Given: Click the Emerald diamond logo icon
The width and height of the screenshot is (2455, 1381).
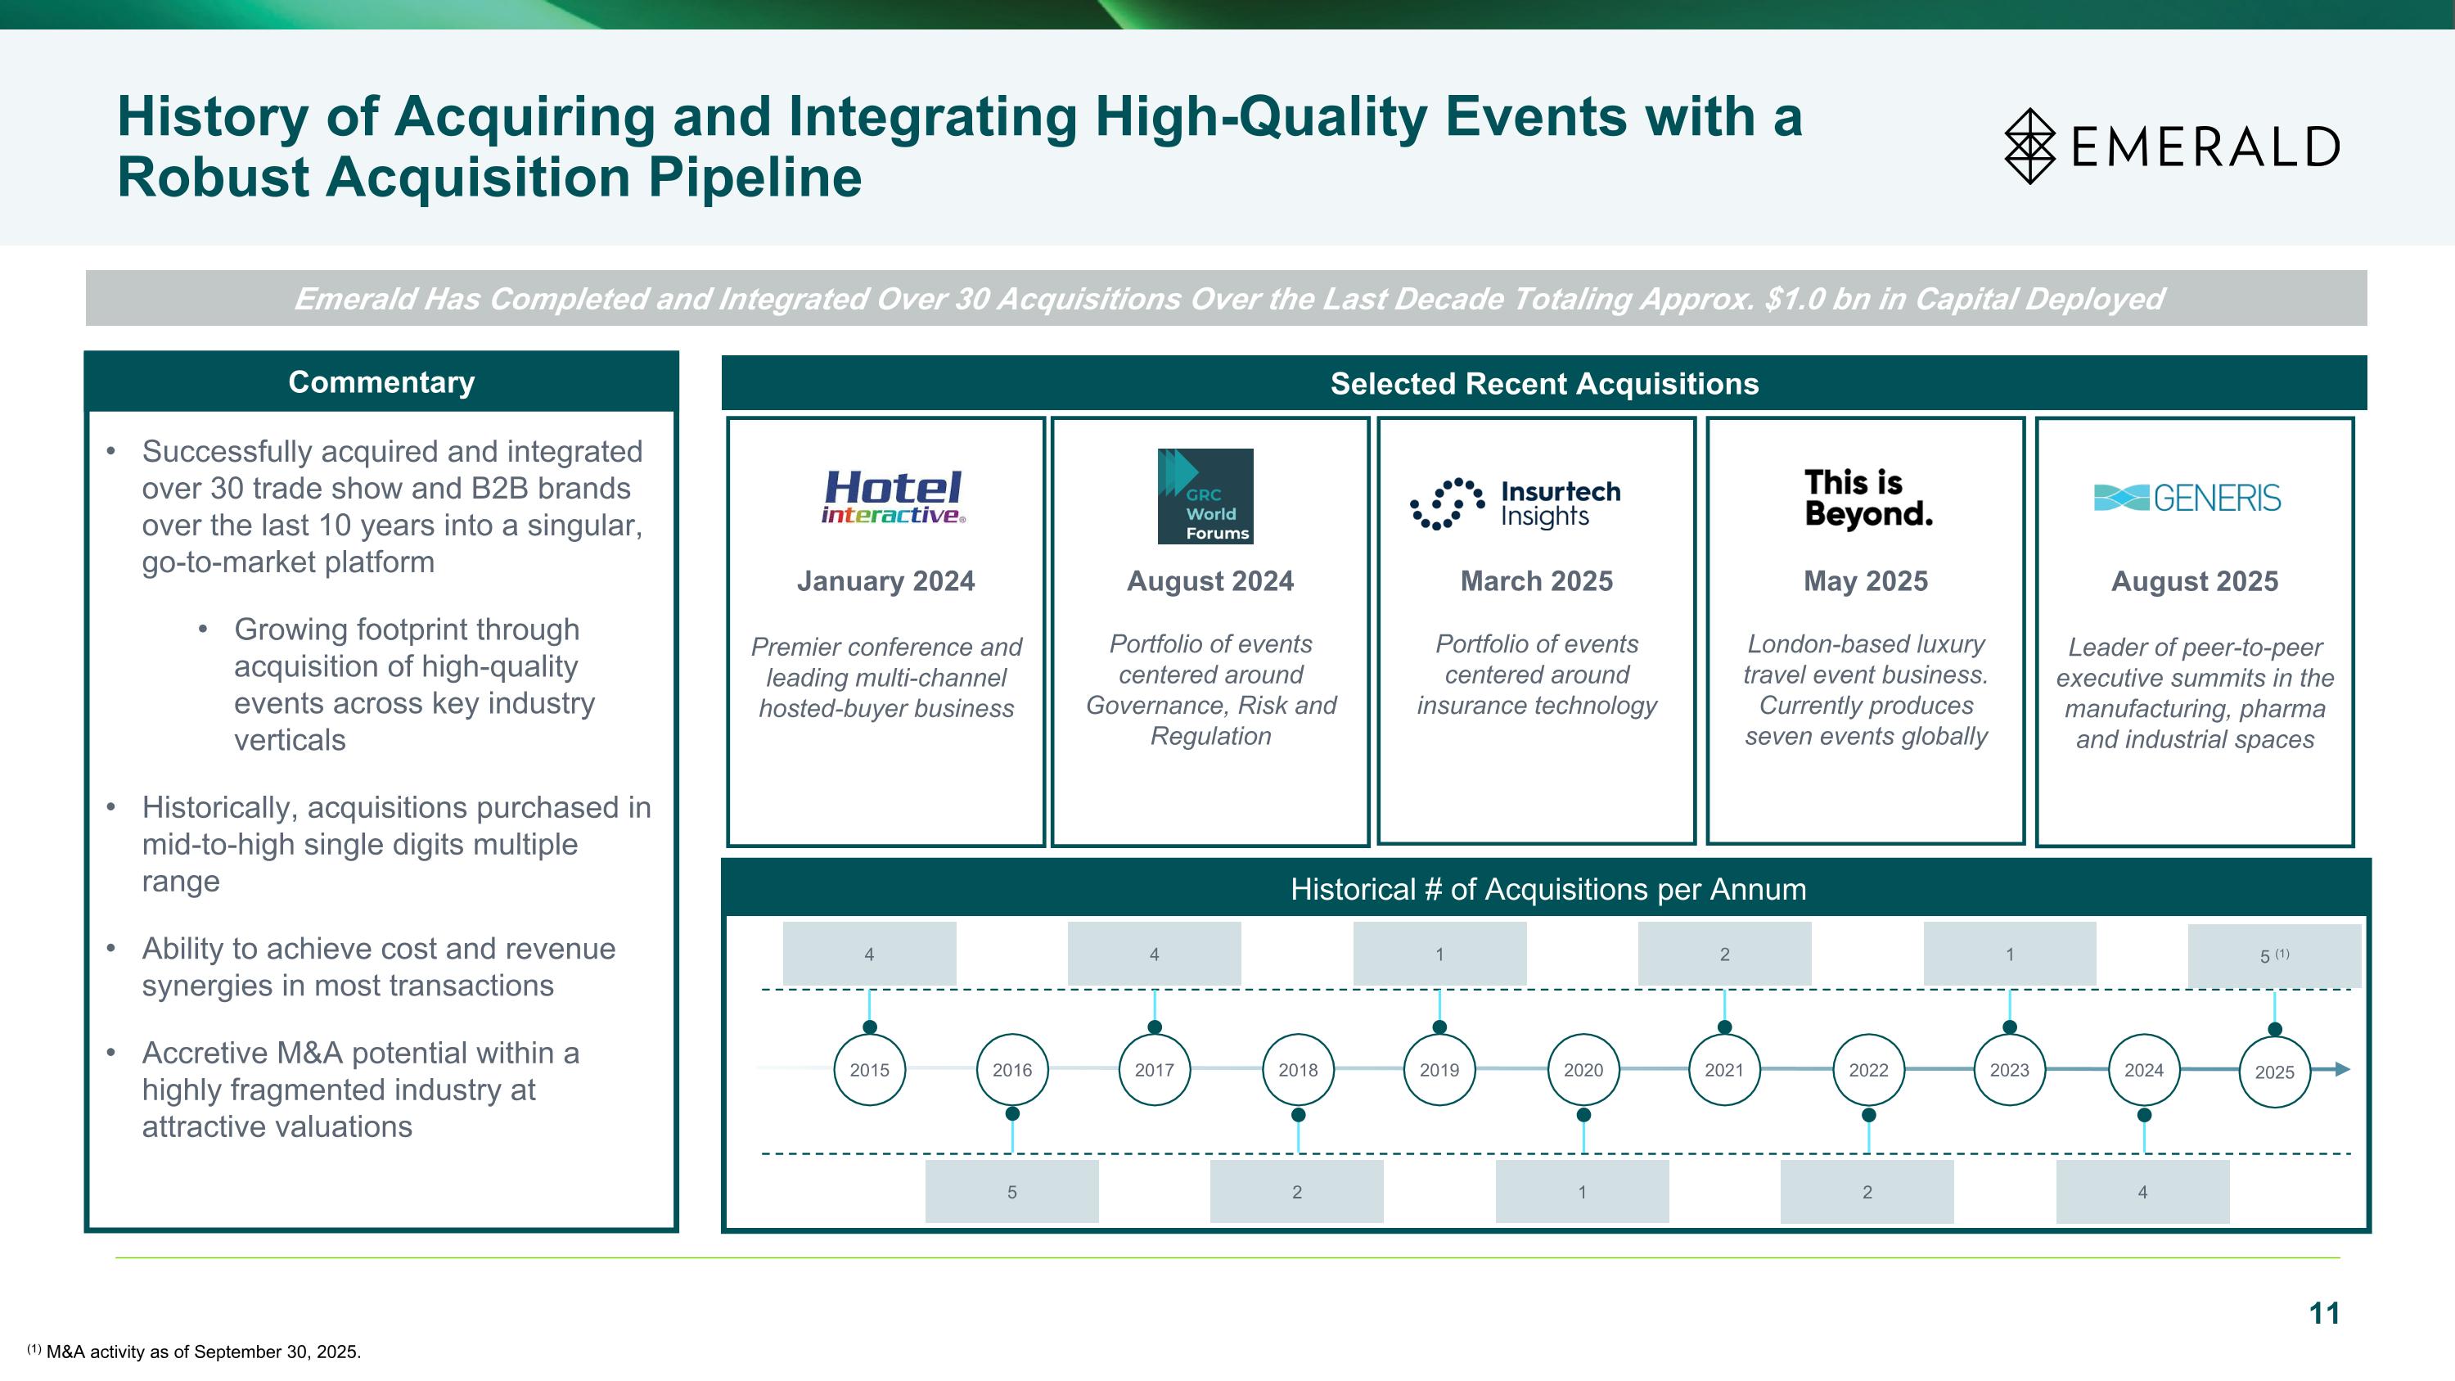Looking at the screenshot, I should [2030, 146].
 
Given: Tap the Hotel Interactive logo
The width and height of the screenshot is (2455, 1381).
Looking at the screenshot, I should [893, 498].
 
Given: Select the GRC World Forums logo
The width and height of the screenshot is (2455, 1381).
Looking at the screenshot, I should [1205, 497].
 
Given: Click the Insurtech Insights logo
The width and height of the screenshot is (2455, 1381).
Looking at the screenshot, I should [1516, 503].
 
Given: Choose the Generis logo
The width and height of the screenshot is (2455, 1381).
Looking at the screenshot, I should [2187, 498].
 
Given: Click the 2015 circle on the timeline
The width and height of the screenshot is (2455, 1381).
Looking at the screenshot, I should [869, 1069].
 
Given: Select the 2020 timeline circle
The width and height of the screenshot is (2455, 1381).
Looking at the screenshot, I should [1583, 1069].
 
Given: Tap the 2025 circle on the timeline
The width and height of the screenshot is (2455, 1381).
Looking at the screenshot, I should [2274, 1072].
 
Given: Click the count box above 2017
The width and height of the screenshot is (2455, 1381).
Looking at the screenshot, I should [1154, 953].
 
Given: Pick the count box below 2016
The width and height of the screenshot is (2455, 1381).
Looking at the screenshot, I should [1011, 1191].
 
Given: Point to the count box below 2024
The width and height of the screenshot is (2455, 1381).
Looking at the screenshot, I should [2142, 1191].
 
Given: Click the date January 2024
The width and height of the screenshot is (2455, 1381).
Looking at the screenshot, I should [885, 581].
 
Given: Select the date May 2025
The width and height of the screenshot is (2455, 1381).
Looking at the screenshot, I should [1865, 581].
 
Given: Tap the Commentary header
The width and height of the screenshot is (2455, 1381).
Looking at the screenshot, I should [381, 382].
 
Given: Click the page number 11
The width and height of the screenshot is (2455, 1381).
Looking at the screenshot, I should [2324, 1313].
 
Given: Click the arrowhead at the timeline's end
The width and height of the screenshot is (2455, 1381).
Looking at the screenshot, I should [2343, 1069].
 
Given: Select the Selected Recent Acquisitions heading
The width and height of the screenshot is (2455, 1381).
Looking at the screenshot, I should [1544, 383].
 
